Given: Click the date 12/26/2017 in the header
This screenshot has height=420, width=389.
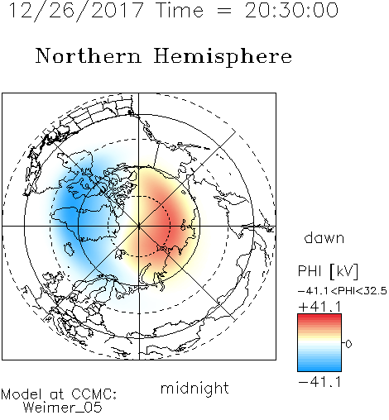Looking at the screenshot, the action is pos(76,11).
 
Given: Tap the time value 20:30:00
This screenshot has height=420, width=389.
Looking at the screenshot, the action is pos(291,11).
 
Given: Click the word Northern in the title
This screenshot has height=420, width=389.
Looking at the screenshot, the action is pos(89,56).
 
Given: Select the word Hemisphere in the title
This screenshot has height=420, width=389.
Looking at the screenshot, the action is pos(223,56).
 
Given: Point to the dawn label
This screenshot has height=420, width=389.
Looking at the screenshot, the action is pos(324,237).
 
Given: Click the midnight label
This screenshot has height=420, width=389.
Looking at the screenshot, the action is pos(194,389).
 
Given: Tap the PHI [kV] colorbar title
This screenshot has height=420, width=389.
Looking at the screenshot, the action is pos(329,271).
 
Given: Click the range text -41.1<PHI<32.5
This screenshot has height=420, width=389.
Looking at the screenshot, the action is pos(343,291).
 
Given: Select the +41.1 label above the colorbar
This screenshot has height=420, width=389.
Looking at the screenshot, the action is pos(319,307).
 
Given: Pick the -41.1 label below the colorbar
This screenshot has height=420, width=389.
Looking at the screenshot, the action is pos(319,382).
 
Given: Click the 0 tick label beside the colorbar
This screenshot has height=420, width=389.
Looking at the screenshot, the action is pos(348,344).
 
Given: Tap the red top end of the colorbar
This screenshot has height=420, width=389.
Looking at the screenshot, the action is pos(319,317).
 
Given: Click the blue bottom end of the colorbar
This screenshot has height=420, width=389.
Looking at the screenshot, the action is pos(319,369).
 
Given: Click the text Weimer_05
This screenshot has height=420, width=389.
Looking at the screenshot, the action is pos(63,407).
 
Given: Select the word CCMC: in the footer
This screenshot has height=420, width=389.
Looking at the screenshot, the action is pos(94,394).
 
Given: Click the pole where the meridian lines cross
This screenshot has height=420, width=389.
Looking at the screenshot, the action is pos(139,226).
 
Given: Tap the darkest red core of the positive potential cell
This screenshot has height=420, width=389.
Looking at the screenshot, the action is pos(163,226).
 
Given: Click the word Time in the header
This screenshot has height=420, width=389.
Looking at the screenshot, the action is pos(180,11).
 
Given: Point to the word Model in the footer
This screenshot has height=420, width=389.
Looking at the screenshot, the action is pos(22,394).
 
